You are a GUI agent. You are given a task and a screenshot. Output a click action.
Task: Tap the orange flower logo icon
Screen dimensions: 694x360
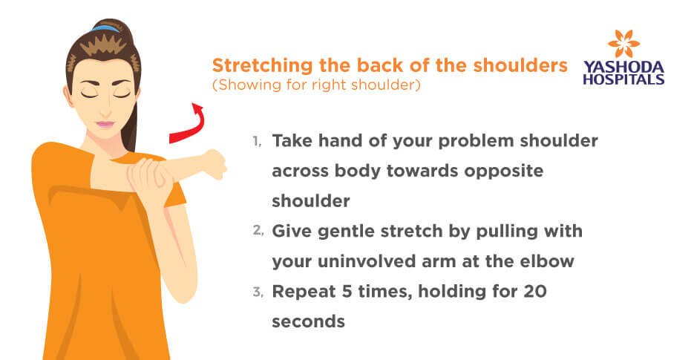[623, 43]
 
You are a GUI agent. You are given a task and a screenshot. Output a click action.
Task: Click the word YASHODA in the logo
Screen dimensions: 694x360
[623, 68]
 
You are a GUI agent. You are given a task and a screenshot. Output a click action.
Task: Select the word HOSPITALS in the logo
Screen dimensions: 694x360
[623, 79]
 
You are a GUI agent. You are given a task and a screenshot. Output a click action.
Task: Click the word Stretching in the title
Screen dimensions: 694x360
[263, 65]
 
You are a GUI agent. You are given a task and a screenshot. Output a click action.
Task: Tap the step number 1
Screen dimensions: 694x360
[257, 141]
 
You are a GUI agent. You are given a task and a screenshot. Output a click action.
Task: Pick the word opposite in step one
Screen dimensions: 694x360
[504, 171]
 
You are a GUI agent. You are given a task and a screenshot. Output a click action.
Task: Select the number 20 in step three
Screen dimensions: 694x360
[535, 292]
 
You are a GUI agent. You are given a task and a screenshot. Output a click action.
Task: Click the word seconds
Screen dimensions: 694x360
[309, 322]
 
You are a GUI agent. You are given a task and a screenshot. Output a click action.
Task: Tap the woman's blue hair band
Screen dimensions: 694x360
[106, 28]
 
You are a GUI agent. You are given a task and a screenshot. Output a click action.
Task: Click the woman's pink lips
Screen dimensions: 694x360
[105, 124]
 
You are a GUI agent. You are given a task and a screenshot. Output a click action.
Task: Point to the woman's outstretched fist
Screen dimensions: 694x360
[215, 164]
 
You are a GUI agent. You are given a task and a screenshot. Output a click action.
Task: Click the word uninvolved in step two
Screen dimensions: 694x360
[366, 261]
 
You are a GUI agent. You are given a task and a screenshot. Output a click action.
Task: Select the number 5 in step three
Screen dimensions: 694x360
[347, 292]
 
